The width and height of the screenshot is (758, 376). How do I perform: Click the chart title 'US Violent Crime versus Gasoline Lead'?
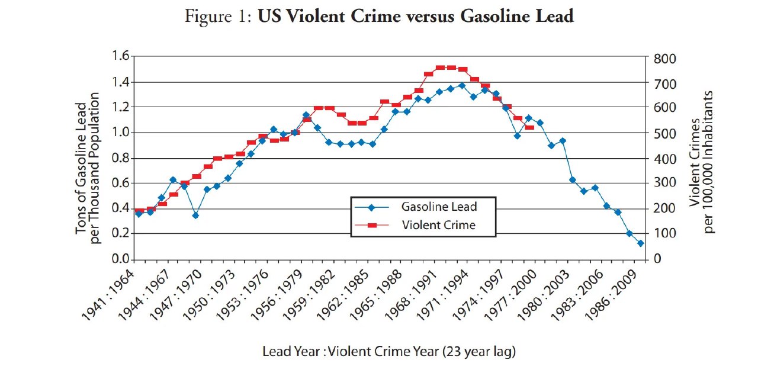point(415,17)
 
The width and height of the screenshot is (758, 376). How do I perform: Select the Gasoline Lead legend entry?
point(439,207)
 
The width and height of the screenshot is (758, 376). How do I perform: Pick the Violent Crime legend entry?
point(439,225)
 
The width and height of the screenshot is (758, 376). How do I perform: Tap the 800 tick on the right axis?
point(663,59)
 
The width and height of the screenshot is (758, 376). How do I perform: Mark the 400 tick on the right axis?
point(663,159)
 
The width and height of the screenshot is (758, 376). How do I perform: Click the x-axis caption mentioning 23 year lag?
point(389,351)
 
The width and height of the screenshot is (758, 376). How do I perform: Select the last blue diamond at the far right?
point(640,243)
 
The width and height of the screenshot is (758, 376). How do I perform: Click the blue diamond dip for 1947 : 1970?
point(195,216)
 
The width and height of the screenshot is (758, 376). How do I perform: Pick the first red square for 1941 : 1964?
point(139,211)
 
